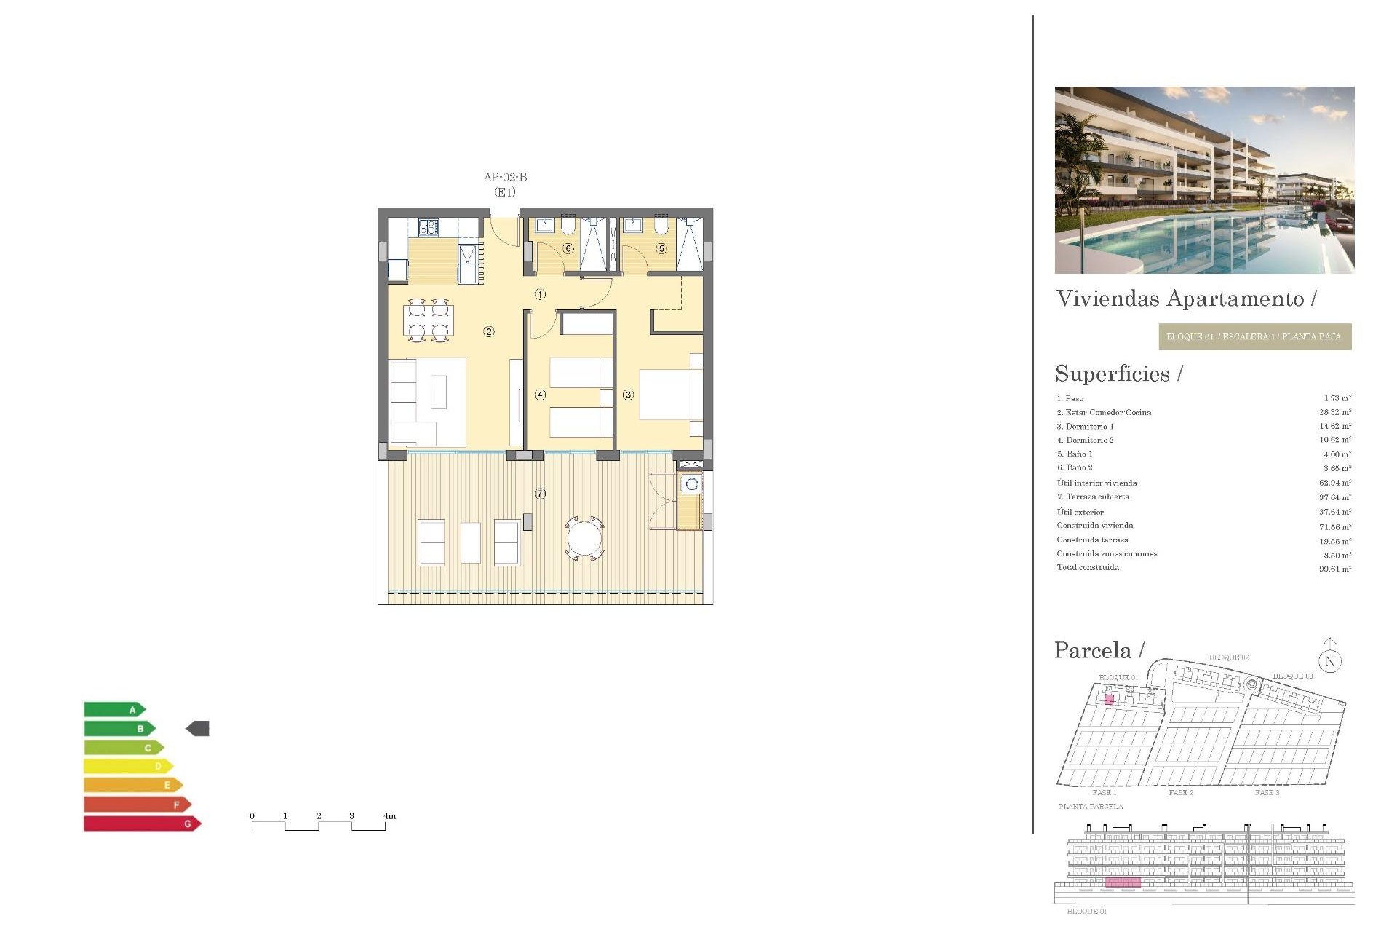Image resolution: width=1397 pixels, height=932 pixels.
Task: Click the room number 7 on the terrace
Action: pos(540,494)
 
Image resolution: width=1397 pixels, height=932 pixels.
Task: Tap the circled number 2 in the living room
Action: pos(489,332)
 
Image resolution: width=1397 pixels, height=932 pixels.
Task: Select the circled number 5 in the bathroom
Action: pos(661,248)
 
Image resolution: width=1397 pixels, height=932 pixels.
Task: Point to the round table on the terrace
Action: pos(584,540)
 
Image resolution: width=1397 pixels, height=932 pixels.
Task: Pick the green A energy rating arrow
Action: pos(114,709)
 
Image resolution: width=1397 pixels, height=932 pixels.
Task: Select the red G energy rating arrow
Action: pos(142,824)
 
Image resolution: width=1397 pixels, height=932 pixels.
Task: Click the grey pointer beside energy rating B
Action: pos(198,728)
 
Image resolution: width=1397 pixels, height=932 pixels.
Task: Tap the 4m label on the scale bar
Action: pos(390,816)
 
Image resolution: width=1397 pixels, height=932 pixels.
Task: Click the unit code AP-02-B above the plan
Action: pos(505,177)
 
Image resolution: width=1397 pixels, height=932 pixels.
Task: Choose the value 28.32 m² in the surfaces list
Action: pos(1335,412)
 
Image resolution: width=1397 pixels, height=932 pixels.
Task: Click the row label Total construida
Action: pos(1088,568)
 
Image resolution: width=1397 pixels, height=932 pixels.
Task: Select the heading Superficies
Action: pos(1113,374)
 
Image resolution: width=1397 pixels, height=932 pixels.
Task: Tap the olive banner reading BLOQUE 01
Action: pos(1254,336)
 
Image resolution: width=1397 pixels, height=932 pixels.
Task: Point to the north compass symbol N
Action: pos(1330,661)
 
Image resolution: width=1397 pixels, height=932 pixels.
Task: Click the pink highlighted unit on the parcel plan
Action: pos(1109,700)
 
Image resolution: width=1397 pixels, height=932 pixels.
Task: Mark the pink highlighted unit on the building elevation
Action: pos(1123,882)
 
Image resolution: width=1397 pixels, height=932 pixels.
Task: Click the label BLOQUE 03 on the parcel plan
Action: pos(1292,676)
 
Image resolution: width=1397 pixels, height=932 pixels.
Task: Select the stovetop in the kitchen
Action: pos(429,228)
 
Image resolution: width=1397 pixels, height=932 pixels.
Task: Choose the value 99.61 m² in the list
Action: pos(1335,569)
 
